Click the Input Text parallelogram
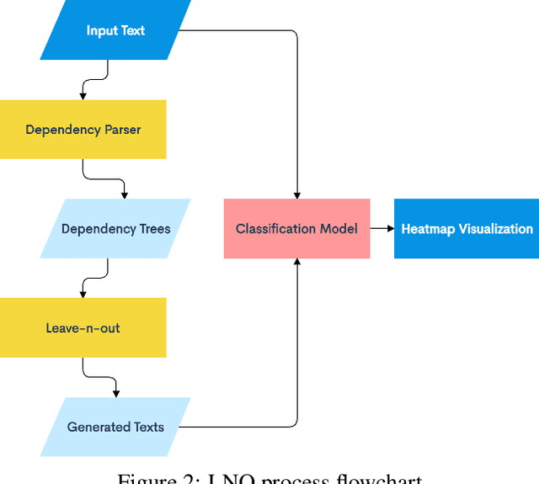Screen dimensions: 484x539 (x=115, y=31)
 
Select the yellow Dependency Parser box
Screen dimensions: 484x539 (x=83, y=130)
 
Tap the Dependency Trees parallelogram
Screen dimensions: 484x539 (x=115, y=228)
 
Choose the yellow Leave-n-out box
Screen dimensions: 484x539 (x=83, y=327)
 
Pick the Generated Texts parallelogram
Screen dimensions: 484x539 (x=115, y=427)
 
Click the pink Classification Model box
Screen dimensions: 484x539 (x=296, y=228)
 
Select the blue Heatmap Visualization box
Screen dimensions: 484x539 (x=467, y=228)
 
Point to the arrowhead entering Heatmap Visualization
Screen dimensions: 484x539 (x=389, y=228)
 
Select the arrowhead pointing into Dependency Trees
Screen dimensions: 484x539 (x=125, y=194)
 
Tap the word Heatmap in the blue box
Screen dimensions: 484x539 (x=426, y=228)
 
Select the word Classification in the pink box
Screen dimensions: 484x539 (x=275, y=228)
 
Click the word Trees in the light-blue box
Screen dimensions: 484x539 (x=153, y=228)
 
